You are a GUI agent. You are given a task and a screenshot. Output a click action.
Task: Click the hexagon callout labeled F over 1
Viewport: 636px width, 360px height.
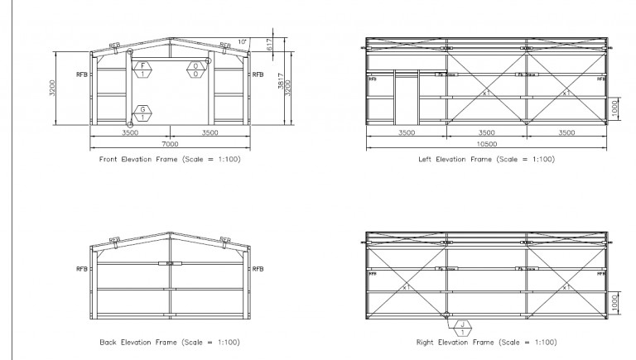(142, 70)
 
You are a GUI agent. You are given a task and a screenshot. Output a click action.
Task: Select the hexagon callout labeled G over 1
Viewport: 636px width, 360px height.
(142, 113)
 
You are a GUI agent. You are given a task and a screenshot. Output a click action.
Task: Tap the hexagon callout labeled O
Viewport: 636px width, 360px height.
(195, 70)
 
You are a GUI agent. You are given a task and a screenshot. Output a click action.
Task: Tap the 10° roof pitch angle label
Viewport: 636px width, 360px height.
(241, 41)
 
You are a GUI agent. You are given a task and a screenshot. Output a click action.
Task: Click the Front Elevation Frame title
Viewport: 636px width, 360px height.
(170, 159)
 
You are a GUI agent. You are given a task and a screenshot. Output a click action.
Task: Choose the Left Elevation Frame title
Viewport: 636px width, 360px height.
(487, 159)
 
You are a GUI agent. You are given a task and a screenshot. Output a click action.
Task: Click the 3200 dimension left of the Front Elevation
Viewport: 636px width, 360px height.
(52, 87)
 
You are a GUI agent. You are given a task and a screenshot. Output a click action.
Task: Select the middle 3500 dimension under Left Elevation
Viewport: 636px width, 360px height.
(487, 132)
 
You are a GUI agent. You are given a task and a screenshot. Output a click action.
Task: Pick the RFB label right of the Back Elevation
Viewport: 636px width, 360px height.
(258, 269)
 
